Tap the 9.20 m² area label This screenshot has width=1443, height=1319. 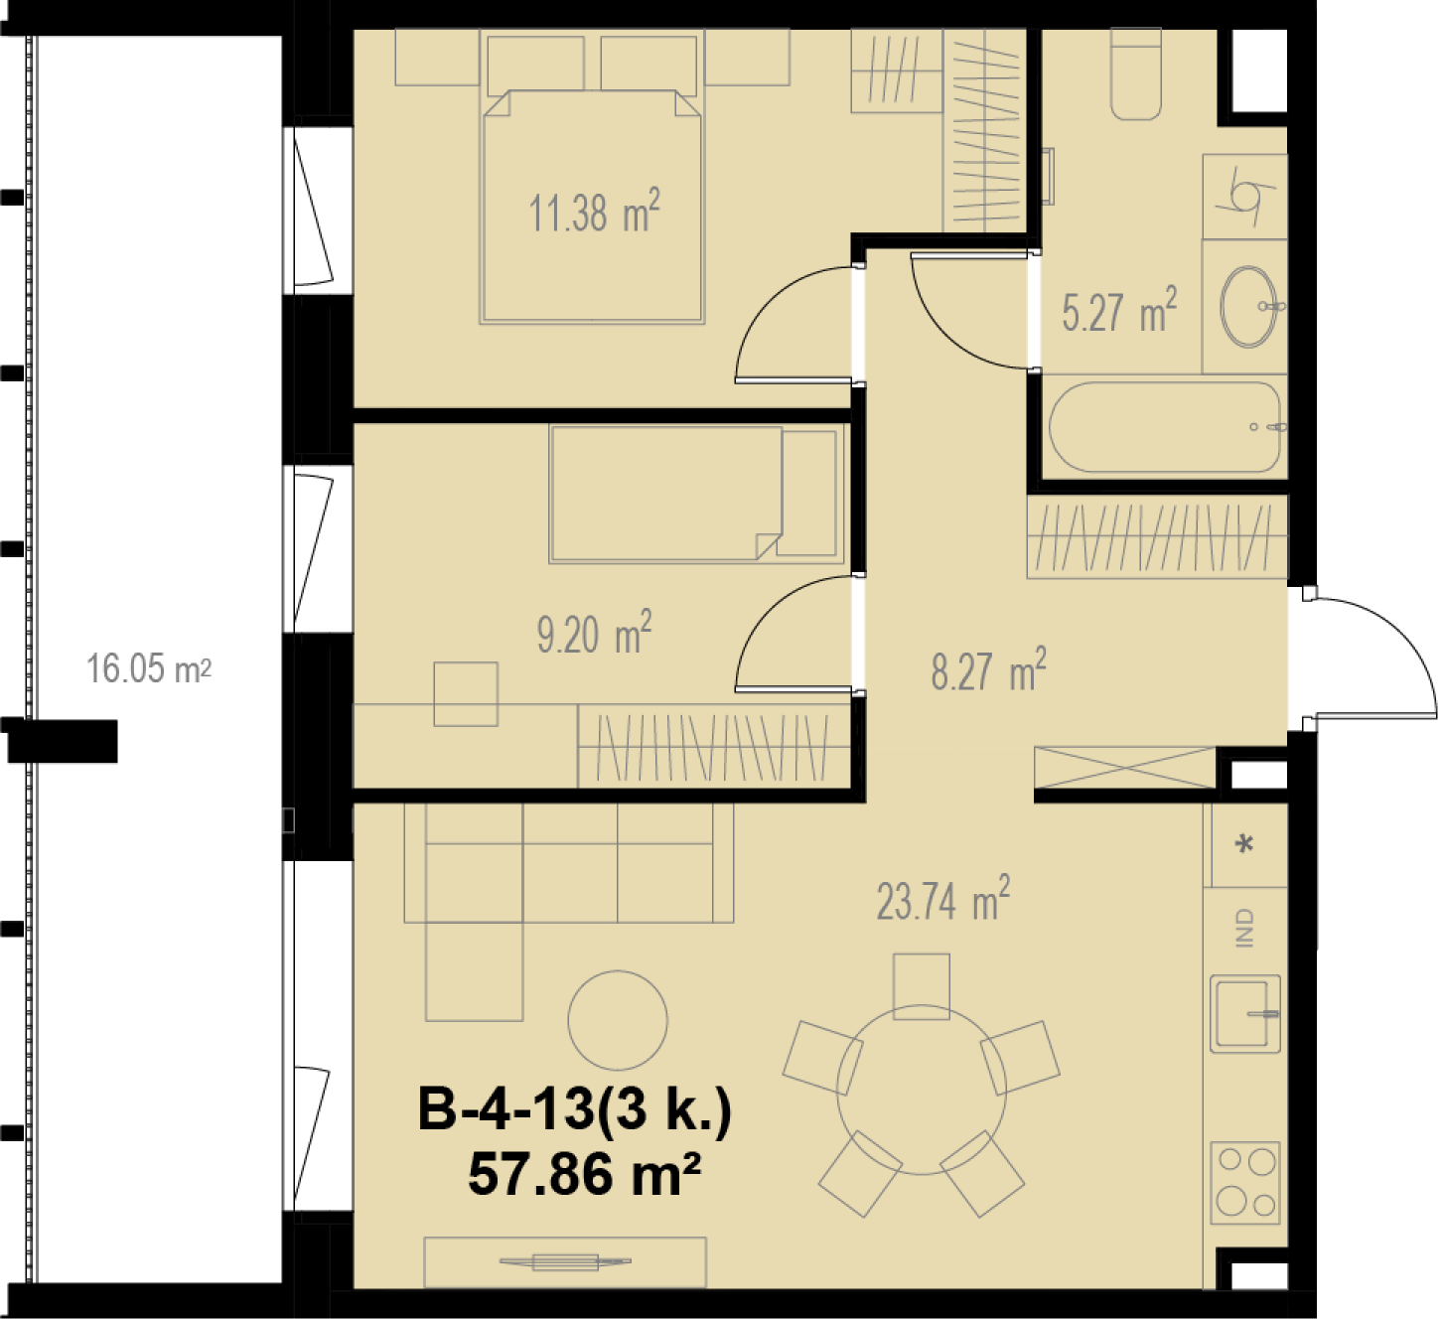(x=594, y=633)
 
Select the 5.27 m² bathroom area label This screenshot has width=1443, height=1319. (x=1119, y=310)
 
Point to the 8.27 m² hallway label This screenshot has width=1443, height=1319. (x=988, y=669)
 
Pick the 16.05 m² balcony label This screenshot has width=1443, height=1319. (x=149, y=667)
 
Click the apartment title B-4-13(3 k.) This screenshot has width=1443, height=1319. (x=575, y=1108)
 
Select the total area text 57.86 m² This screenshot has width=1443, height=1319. (x=584, y=1174)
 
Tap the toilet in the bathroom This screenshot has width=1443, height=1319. (x=1136, y=73)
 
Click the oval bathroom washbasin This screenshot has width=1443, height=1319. (x=1248, y=307)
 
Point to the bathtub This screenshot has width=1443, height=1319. (x=1164, y=427)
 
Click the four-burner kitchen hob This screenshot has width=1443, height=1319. (x=1245, y=1183)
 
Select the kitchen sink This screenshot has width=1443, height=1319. (x=1245, y=1014)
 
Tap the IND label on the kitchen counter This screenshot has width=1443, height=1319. (x=1244, y=929)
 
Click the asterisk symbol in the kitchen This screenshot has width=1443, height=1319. (x=1244, y=843)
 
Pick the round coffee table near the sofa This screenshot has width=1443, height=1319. (x=617, y=1020)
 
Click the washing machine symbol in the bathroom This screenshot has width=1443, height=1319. (x=1245, y=197)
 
